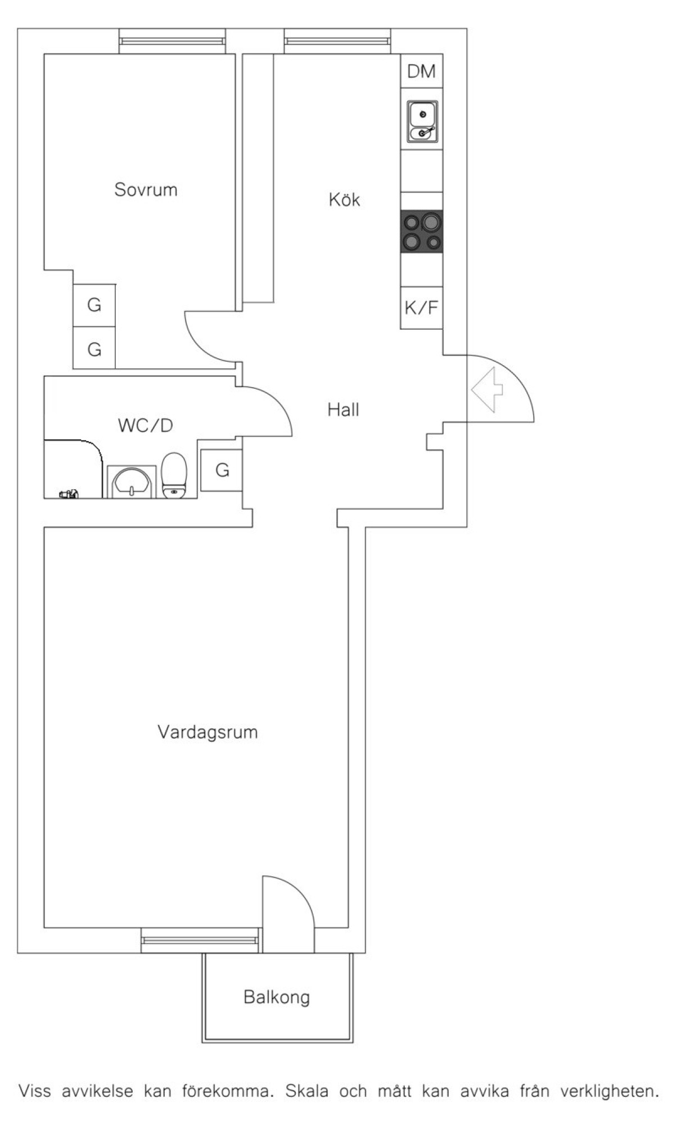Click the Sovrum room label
(146, 190)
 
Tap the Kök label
(344, 200)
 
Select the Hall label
(343, 410)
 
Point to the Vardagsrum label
(208, 732)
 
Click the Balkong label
(277, 997)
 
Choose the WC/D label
(145, 425)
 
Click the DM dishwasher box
(421, 71)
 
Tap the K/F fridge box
(421, 308)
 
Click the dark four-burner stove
(421, 231)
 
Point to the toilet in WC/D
(174, 476)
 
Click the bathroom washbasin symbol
(132, 483)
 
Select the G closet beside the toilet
(222, 470)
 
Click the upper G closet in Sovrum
(94, 305)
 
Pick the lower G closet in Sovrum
(94, 349)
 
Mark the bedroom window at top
(172, 41)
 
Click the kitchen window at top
(336, 41)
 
